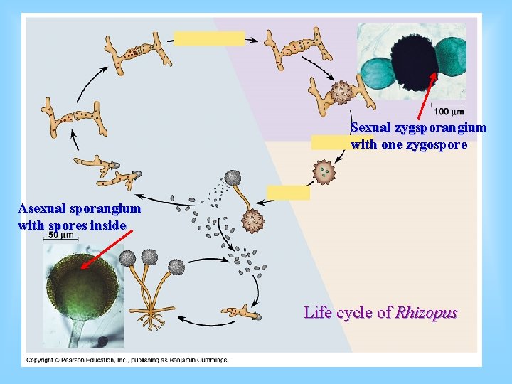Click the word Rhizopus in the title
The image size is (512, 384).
426,312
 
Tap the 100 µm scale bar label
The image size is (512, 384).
449,112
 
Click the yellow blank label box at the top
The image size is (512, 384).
209,38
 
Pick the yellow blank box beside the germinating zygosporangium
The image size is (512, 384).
288,193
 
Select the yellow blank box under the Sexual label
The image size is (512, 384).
331,142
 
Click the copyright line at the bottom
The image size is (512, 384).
127,360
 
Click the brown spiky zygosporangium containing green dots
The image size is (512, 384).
324,171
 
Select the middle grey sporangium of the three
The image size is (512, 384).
149,257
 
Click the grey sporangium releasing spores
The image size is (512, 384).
233,178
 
